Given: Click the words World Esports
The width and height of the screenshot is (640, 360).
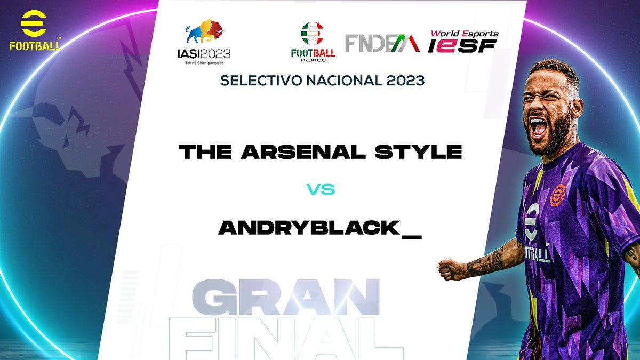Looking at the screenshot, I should click(x=464, y=34).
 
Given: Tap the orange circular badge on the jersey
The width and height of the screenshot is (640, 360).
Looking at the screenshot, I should click(x=558, y=195).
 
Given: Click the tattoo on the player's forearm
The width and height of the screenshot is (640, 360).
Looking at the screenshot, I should click(x=491, y=262).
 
